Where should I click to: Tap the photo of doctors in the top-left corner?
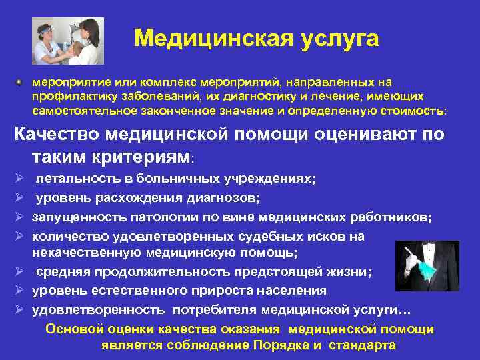pos(68,41)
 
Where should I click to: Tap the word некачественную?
pos(86,253)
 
